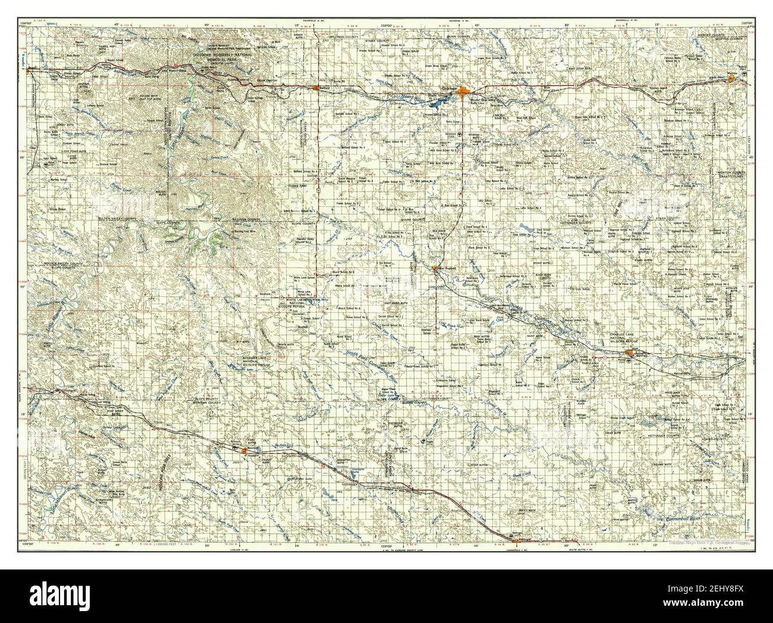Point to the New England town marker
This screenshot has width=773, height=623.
(x=436, y=268)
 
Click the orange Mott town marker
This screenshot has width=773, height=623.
(x=629, y=355)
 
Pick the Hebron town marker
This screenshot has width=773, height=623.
(x=732, y=77)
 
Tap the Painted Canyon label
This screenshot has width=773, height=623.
(x=246, y=77)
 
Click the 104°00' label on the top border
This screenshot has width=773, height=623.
(x=25, y=6)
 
